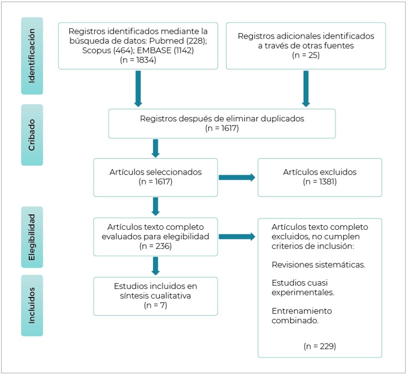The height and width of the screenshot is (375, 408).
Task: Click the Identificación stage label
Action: [32, 56]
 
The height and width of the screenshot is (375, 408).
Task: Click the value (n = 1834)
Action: [138, 60]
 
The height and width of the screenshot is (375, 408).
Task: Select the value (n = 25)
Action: [306, 55]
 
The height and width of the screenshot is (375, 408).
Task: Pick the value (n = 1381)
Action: [320, 182]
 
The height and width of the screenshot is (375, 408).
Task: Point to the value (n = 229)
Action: [320, 346]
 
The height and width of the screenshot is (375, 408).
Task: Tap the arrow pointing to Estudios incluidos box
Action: [156, 266]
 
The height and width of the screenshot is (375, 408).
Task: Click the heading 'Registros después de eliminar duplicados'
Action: [222, 119]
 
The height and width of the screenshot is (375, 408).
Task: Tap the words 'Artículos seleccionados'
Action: [156, 172]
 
